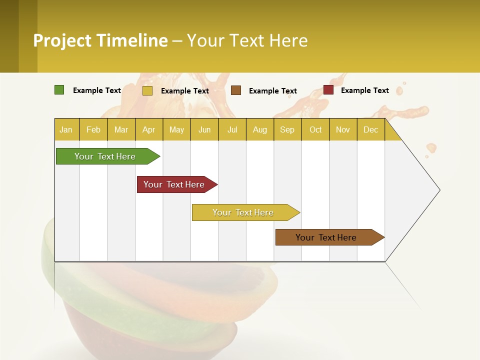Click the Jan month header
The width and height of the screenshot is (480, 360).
66,129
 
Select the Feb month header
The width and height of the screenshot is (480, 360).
93,129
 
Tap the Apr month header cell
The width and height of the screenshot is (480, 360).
149,129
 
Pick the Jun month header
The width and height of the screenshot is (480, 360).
204,129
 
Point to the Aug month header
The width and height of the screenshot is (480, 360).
260,129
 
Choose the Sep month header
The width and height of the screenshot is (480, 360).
287,129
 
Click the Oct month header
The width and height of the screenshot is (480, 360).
315,129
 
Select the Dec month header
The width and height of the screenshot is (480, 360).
371,129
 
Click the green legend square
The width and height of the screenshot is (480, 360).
59,90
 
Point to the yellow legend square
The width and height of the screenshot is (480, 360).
147,90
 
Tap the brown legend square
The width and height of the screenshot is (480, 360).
236,90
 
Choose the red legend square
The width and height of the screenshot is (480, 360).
328,90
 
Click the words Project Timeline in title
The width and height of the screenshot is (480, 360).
100,40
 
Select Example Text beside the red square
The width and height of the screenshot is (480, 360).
364,90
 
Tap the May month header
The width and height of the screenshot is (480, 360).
176,129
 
